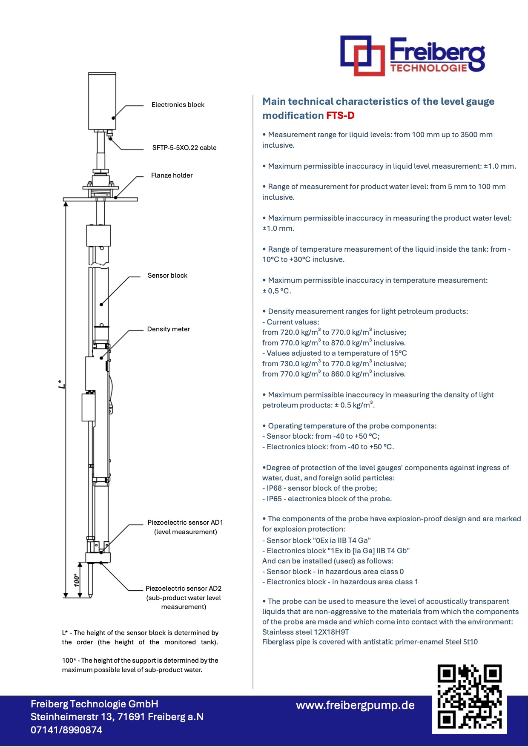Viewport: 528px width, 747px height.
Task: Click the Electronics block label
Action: (178, 105)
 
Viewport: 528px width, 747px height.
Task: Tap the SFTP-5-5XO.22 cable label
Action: (184, 148)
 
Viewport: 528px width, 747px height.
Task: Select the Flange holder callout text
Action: (172, 175)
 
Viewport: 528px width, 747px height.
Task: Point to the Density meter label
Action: (168, 329)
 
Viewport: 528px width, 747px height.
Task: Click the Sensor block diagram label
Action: (167, 276)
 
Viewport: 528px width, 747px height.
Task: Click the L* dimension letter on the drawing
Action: (62, 384)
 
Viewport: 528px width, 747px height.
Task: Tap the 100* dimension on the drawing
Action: (77, 580)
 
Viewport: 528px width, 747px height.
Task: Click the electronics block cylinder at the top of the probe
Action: (102, 101)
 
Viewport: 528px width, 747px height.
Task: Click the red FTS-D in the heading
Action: (340, 116)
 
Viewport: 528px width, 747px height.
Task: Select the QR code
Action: (469, 697)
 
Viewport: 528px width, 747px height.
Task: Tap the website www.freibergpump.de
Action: (355, 705)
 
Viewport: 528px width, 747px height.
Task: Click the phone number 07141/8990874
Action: (66, 730)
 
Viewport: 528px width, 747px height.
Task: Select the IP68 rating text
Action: (274, 488)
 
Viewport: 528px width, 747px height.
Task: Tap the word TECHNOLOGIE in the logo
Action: (428, 68)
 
